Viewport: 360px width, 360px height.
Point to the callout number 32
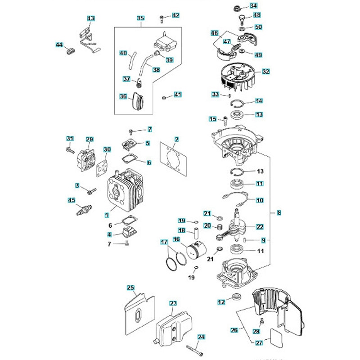pos(265,71)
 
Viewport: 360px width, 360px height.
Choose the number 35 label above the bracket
pos(141,18)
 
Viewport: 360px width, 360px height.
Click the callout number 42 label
pos(175,15)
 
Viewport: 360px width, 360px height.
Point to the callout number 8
pos(279,212)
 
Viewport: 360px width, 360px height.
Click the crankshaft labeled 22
pos(239,223)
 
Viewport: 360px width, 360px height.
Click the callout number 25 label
pos(130,287)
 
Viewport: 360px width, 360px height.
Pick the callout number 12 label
pos(221,302)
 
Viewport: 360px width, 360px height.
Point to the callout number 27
pos(259,343)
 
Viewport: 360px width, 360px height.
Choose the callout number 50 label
pos(258,27)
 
